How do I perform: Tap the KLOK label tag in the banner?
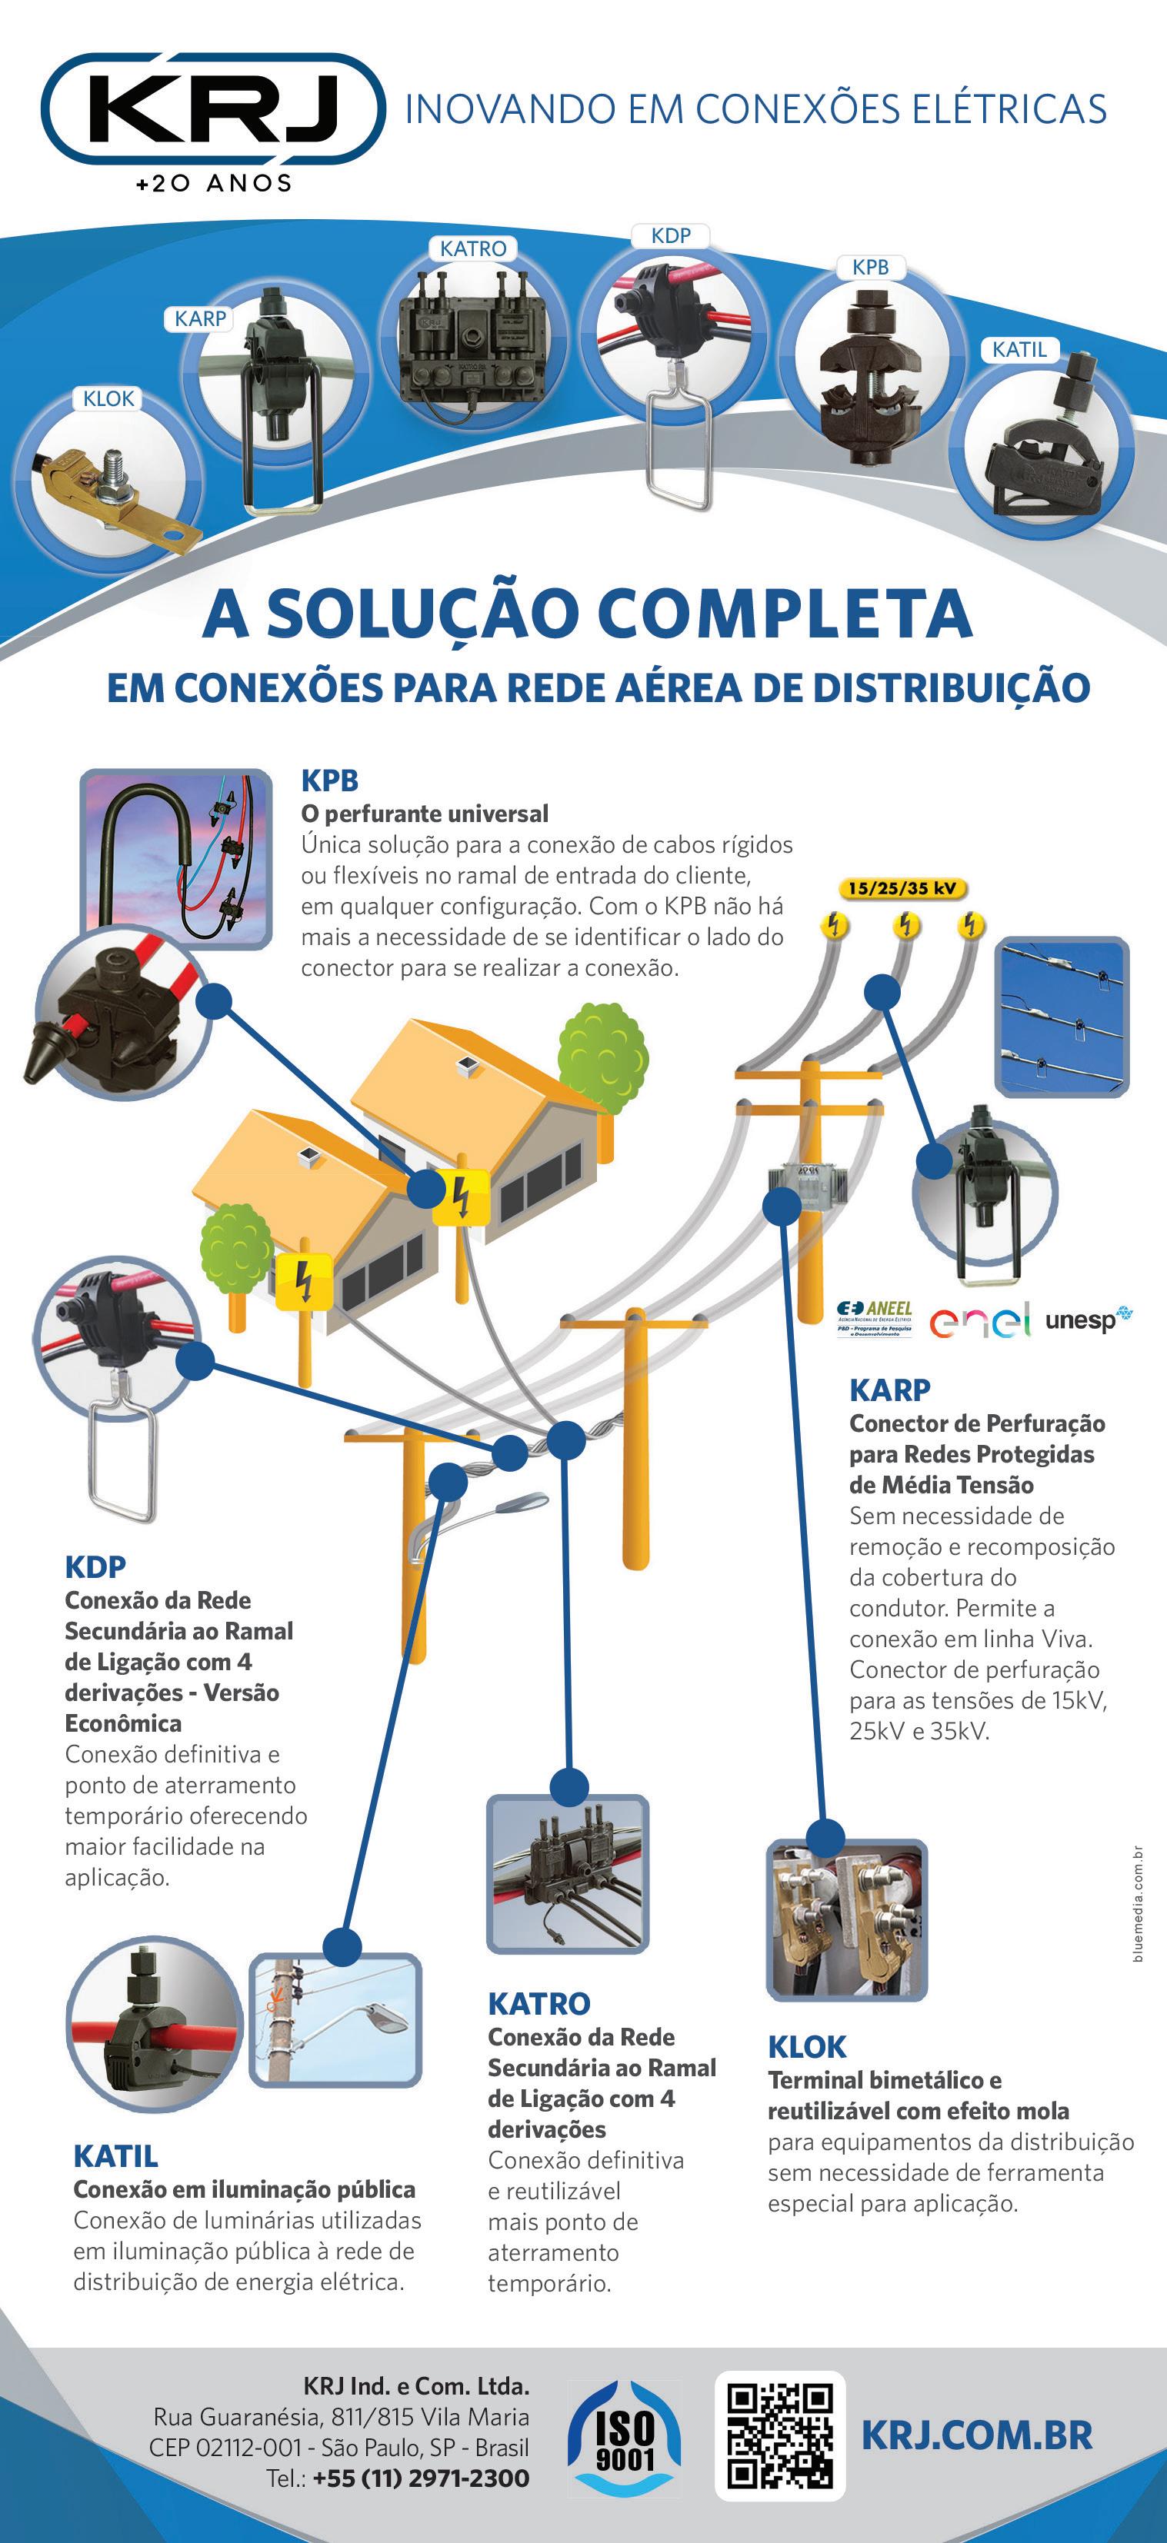(108, 399)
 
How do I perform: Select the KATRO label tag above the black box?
(473, 249)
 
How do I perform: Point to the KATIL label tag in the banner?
(1019, 349)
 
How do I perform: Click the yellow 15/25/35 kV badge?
(902, 887)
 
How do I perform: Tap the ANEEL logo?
(875, 1318)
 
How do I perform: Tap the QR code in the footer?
(780, 2435)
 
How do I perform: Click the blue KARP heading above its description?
(889, 1390)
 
